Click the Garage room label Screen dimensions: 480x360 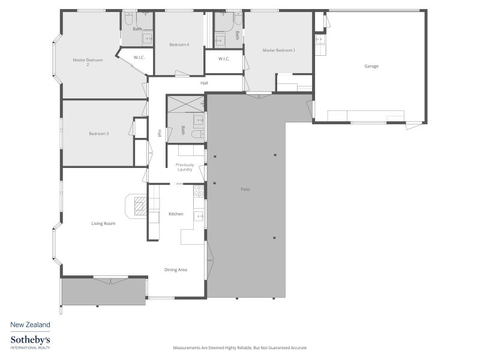pyautogui.click(x=371, y=66)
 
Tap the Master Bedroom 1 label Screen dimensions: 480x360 pyautogui.click(x=279, y=50)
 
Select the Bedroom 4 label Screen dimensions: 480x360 pyautogui.click(x=179, y=44)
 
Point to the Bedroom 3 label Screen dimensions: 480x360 pyautogui.click(x=99, y=134)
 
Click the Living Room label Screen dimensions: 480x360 pyautogui.click(x=103, y=223)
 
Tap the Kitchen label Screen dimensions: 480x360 pyautogui.click(x=176, y=214)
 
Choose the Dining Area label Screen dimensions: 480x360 pyautogui.click(x=176, y=269)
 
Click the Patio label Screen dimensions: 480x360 pyautogui.click(x=245, y=190)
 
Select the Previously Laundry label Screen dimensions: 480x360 pyautogui.click(x=185, y=167)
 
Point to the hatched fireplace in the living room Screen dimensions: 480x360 pyautogui.click(x=141, y=206)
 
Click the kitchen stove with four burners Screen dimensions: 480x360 pyautogui.click(x=199, y=190)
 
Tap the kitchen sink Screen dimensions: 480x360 pyautogui.click(x=199, y=217)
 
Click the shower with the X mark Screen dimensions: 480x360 pyautogui.click(x=186, y=104)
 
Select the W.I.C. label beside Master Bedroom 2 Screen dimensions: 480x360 pyautogui.click(x=139, y=58)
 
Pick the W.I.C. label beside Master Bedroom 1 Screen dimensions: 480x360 pyautogui.click(x=224, y=59)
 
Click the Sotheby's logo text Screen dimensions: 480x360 pyautogui.click(x=31, y=340)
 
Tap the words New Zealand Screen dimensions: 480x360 pyautogui.click(x=31, y=325)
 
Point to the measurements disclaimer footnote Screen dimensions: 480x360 pyautogui.click(x=240, y=348)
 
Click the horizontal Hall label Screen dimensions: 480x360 pyautogui.click(x=204, y=83)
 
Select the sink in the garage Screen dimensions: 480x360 pyautogui.click(x=320, y=40)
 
